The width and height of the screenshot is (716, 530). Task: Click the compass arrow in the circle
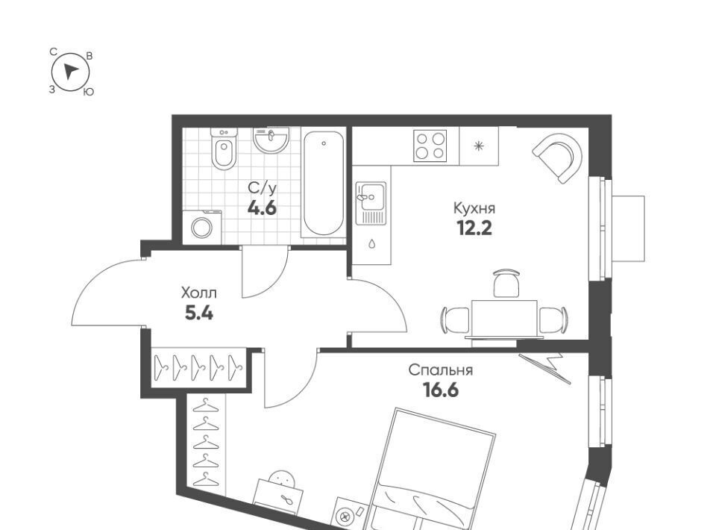tap(70, 71)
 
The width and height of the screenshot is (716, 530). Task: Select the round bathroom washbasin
tap(271, 140)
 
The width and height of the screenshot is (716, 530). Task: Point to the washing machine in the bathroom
tap(202, 227)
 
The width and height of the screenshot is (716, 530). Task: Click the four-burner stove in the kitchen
tap(430, 146)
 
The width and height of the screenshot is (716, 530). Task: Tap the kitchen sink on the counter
tap(371, 203)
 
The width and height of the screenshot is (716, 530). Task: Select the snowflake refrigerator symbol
tap(478, 146)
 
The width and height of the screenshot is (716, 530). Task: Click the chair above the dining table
tap(506, 283)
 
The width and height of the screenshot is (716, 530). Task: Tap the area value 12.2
tap(474, 228)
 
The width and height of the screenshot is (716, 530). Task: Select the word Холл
tap(198, 293)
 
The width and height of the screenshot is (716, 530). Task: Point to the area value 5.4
tap(198, 313)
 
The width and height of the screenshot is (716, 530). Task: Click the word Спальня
tap(441, 370)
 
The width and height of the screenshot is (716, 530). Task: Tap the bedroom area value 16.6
tap(441, 390)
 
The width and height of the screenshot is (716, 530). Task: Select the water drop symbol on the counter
tap(371, 244)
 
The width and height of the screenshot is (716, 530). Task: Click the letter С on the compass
tap(53, 52)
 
